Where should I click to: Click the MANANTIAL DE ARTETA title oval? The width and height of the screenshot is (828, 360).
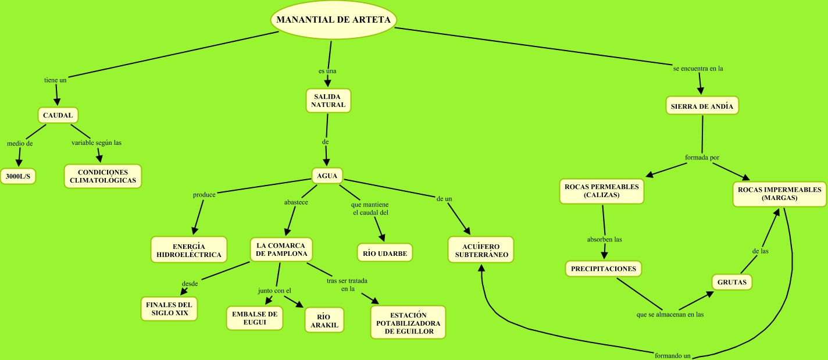334,20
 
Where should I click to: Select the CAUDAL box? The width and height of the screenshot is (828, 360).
58,115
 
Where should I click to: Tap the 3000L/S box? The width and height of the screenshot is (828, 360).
17,176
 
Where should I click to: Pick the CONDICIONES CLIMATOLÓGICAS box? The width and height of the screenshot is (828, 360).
102,176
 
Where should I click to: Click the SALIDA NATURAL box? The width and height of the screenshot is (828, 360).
328,100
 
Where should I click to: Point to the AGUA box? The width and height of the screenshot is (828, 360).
327,176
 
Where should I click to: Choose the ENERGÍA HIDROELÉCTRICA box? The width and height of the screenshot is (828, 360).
188,250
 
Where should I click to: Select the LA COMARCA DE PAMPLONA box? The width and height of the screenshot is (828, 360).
281,249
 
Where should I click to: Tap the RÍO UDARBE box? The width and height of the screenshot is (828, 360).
384,253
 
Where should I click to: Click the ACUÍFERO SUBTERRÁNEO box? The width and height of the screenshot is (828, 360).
481,250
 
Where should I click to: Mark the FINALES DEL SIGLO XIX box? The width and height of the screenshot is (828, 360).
169,308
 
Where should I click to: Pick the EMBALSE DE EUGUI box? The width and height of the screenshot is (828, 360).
255,318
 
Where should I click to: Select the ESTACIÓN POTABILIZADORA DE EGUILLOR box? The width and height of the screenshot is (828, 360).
408,323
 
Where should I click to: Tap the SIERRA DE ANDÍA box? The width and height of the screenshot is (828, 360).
702,106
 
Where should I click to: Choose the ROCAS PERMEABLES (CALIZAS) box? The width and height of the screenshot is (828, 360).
601,191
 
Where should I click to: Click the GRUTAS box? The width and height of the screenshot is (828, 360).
732,283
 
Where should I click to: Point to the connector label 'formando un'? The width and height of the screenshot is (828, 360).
672,355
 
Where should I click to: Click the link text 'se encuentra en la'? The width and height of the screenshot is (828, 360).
698,68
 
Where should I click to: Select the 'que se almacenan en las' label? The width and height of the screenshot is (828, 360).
670,315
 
